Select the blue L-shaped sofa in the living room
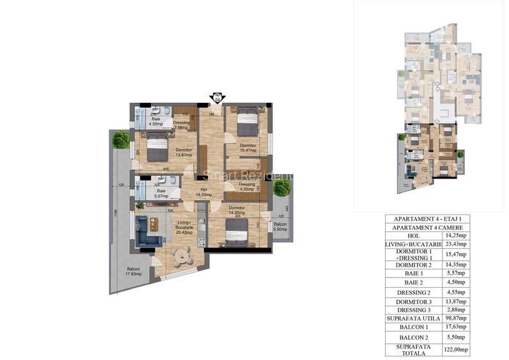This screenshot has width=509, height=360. pyautogui.click(x=148, y=231)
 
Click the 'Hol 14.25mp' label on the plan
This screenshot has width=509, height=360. pyautogui.click(x=204, y=192)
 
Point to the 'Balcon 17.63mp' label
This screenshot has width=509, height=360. pyautogui.click(x=133, y=270)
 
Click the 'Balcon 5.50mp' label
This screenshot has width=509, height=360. pyautogui.click(x=280, y=227)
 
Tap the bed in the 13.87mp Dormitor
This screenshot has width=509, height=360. pyautogui.click(x=157, y=149)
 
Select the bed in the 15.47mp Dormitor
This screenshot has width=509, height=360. pyautogui.click(x=246, y=121)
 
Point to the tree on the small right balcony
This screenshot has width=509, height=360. pyautogui.click(x=281, y=187)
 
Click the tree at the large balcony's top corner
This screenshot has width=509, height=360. pyautogui.click(x=120, y=139)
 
